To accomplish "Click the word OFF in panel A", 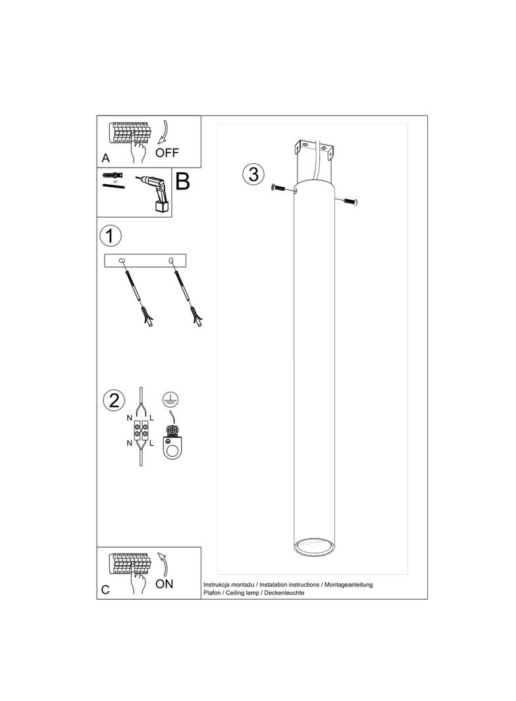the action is tap(167, 153).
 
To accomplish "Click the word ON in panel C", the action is tap(165, 584).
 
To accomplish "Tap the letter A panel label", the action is tap(105, 158).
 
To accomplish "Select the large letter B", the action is tap(182, 181).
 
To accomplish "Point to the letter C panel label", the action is tap(105, 590).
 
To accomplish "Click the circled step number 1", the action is tap(110, 235).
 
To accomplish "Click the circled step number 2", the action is tap(114, 400).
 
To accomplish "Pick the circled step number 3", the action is tap(253, 174).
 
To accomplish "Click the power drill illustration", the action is tap(152, 192).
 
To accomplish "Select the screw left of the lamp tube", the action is tap(281, 189).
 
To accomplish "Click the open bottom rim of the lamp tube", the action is tap(313, 547).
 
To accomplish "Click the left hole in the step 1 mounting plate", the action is tap(122, 260).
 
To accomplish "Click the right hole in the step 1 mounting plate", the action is tap(170, 260).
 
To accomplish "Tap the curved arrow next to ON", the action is tap(163, 564).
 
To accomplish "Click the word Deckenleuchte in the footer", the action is tap(284, 592).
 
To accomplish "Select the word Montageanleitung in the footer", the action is tap(348, 585).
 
